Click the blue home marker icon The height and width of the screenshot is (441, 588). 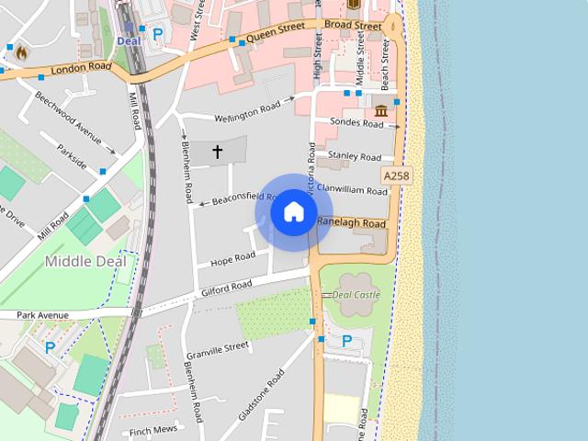tap(293, 211)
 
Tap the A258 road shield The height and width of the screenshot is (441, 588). tap(395, 175)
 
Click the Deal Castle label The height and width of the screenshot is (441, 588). tap(355, 295)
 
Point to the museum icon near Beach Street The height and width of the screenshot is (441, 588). tap(380, 111)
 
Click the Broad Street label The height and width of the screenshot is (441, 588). tap(353, 27)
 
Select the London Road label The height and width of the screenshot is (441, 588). tap(81, 68)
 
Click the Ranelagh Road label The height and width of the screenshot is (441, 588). tap(351, 223)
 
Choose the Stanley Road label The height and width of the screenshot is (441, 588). tap(355, 157)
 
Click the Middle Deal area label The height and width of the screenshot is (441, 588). tap(85, 261)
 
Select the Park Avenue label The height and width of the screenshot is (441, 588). tap(42, 315)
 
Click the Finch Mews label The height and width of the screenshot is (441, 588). tap(153, 430)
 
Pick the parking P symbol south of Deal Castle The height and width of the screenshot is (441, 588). tap(346, 341)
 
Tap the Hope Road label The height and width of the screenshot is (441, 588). tap(232, 259)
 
